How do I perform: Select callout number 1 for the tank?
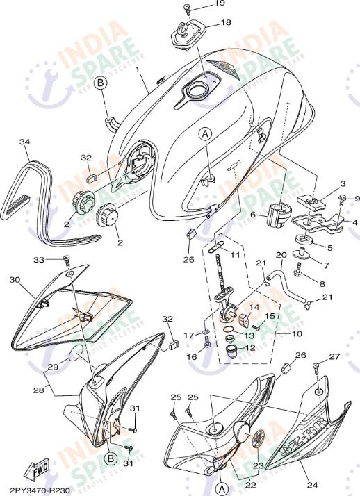[x=138, y=70]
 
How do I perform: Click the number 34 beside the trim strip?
[x=24, y=142]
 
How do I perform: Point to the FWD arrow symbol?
[x=35, y=471]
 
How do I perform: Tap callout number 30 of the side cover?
[x=15, y=279]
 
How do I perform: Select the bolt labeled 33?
[x=67, y=262]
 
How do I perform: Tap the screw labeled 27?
[x=317, y=366]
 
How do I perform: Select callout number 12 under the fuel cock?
[x=251, y=348]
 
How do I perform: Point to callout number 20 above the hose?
[x=281, y=255]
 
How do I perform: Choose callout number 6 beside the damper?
[x=254, y=215]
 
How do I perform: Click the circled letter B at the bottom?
[x=109, y=458]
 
